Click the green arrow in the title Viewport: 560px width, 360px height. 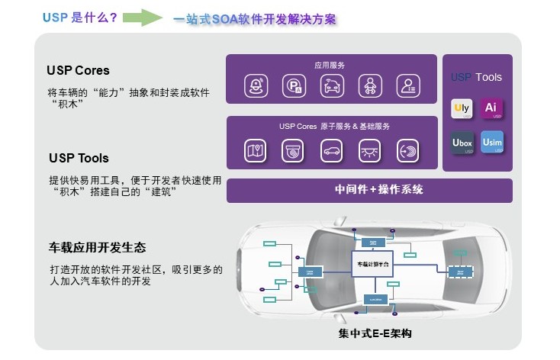(142, 17)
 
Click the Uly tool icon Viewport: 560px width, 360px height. (462, 108)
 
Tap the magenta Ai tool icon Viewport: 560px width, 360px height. (492, 108)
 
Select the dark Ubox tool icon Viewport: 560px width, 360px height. (462, 143)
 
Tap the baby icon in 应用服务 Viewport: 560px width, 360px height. (370, 86)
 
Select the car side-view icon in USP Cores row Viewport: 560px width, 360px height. (332, 150)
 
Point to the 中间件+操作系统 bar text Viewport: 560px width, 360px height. (369, 189)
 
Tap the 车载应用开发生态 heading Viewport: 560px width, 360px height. (98, 248)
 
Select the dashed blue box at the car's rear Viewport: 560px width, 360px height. (459, 271)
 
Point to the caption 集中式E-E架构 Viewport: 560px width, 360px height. (376, 335)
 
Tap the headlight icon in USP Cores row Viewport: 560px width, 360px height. (370, 150)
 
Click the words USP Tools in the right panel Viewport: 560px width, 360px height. (477, 77)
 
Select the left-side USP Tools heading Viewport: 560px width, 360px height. (79, 158)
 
